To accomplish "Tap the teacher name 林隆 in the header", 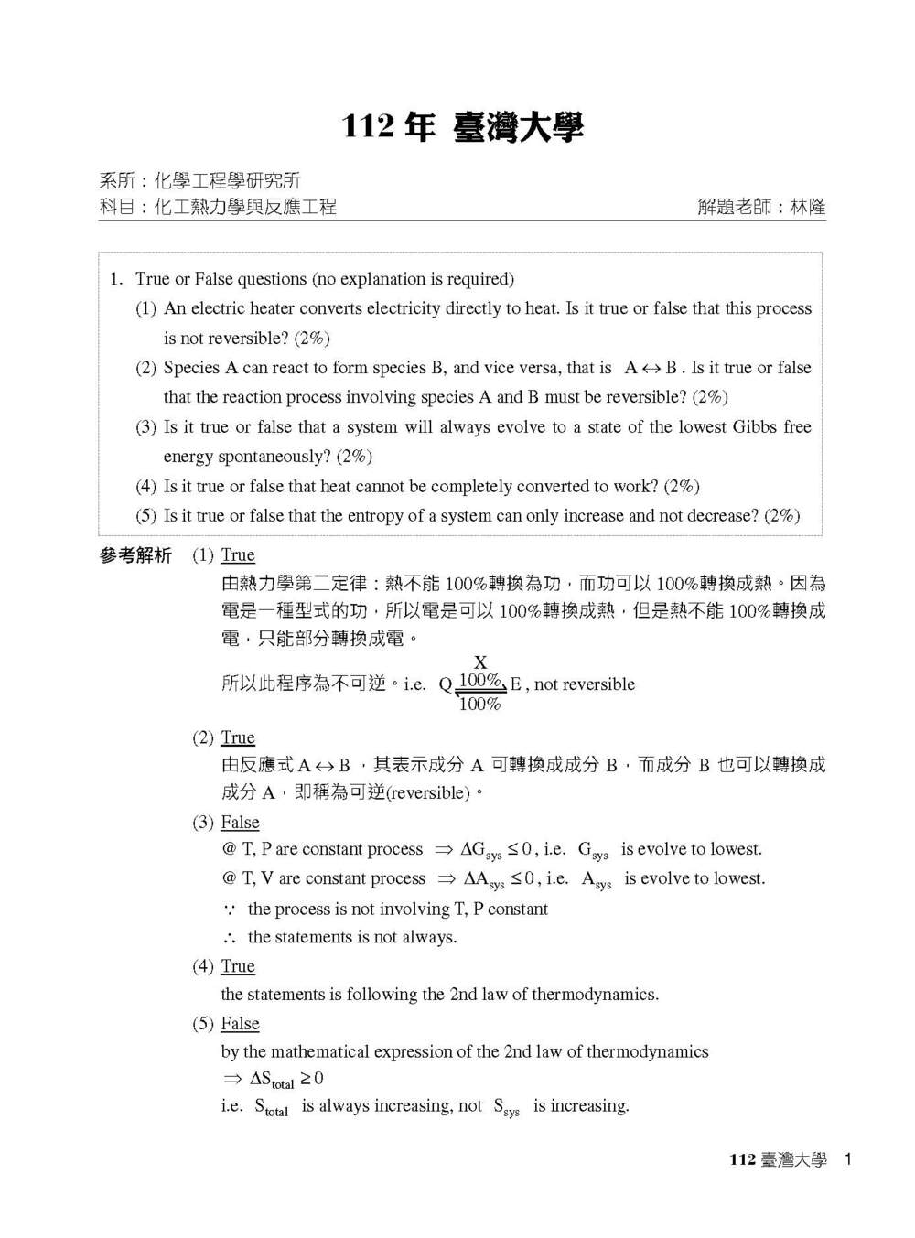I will pyautogui.click(x=807, y=207).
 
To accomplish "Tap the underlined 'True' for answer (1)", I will pyautogui.click(x=238, y=554).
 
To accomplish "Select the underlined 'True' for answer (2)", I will pyautogui.click(x=238, y=737).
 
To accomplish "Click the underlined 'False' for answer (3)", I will pyautogui.click(x=240, y=822).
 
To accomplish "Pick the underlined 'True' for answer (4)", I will pyautogui.click(x=238, y=966).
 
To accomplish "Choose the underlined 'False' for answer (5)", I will pyautogui.click(x=240, y=1023).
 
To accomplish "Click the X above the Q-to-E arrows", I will pyautogui.click(x=480, y=662).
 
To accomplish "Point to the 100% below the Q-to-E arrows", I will pyautogui.click(x=479, y=705).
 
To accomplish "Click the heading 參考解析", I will pyautogui.click(x=135, y=555).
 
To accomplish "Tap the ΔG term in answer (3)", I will pyautogui.click(x=480, y=850).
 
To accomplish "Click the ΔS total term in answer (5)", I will pyautogui.click(x=271, y=1080).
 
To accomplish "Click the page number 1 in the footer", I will pyautogui.click(x=848, y=1159).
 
